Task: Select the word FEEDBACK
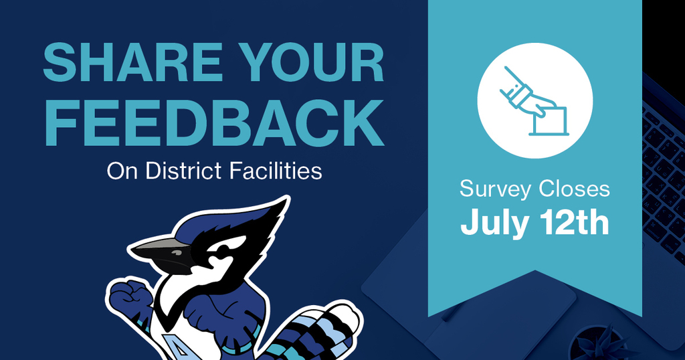point(214,123)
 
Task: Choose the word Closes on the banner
point(574,189)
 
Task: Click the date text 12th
point(575,222)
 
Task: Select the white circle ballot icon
point(534,100)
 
